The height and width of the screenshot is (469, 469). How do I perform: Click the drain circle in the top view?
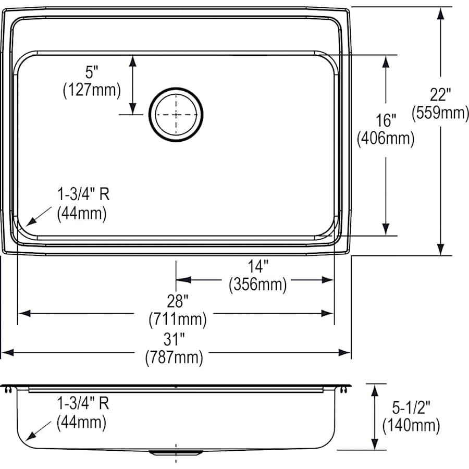pos(176,114)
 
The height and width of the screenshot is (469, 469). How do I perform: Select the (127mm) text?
pos(91,90)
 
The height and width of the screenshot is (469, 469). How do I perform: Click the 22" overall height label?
pos(440,95)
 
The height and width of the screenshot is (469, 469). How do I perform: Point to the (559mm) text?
pos(440,113)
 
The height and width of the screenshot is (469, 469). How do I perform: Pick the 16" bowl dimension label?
pos(386,121)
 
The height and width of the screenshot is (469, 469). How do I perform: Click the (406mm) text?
pos(386,139)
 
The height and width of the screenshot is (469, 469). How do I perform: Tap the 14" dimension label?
pos(258,266)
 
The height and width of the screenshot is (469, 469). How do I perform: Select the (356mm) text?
pos(258,285)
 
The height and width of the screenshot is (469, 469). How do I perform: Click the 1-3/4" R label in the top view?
pos(83,195)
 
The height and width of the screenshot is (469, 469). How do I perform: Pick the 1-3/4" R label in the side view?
pos(83,403)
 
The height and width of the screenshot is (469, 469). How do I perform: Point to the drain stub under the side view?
pos(176,452)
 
